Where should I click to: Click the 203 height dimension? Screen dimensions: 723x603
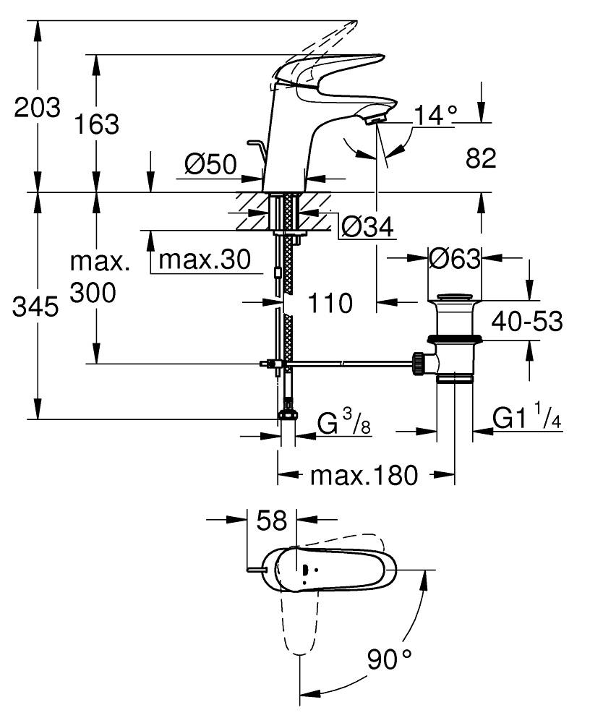pos(37,108)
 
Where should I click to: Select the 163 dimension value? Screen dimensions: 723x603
pos(98,124)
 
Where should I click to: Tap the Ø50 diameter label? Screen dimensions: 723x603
pos(210,166)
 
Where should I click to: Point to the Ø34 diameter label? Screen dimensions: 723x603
pos(367,228)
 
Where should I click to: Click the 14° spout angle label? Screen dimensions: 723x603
pos(437,114)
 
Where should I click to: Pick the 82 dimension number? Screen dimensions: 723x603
pos(481,158)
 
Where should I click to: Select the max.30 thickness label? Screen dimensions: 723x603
pos(204,258)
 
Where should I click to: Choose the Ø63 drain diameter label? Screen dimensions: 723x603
pos(454,258)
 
